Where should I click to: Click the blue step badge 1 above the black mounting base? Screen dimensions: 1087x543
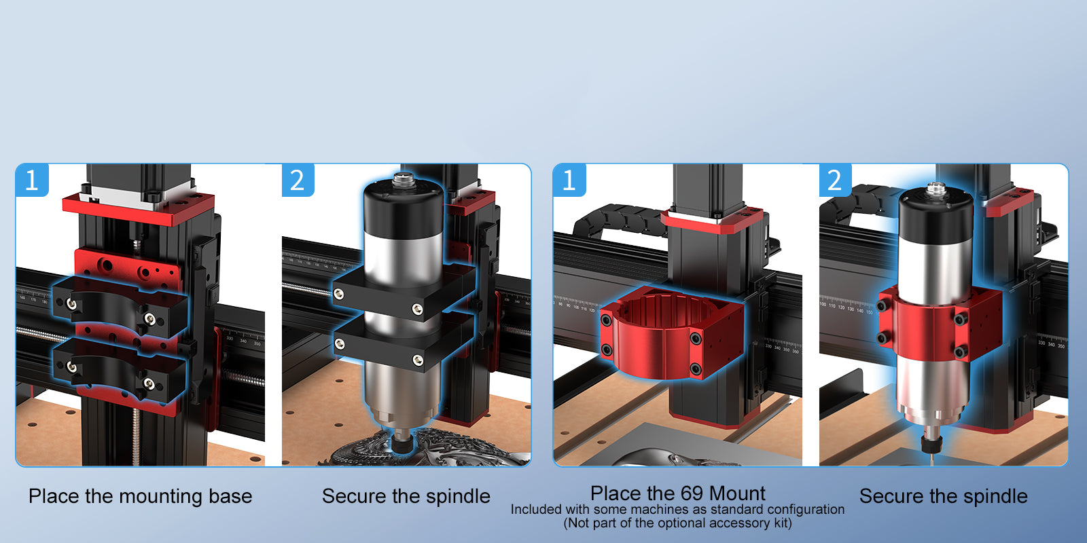pyautogui.click(x=32, y=180)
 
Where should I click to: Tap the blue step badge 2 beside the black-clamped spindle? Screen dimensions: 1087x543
pyautogui.click(x=298, y=180)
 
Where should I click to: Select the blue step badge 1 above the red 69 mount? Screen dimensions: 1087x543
pyautogui.click(x=569, y=180)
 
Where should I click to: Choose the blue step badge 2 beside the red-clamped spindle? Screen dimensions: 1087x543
pyautogui.click(x=835, y=180)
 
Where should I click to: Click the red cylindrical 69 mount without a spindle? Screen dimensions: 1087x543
pyautogui.click(x=672, y=332)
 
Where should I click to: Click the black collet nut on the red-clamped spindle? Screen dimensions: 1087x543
pyautogui.click(x=931, y=444)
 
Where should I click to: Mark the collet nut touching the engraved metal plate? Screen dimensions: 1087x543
pyautogui.click(x=402, y=442)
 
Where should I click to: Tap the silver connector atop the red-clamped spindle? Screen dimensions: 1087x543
pyautogui.click(x=937, y=189)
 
